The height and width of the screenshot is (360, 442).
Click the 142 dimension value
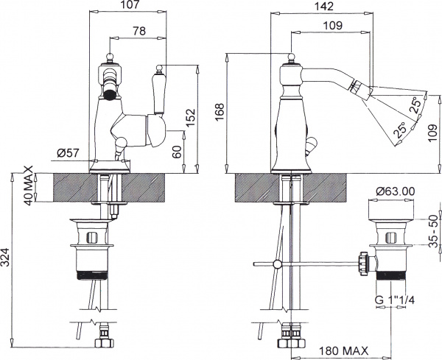[x=323, y=5]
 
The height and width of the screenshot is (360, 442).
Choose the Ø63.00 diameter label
[x=395, y=191]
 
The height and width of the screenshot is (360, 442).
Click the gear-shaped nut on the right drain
[x=362, y=261]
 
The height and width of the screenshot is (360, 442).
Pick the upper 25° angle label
[x=415, y=104]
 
